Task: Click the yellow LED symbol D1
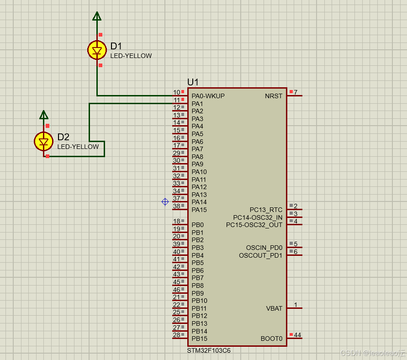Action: click(97, 50)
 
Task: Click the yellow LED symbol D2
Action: click(44, 142)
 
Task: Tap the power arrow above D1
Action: click(97, 17)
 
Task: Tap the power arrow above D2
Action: click(44, 115)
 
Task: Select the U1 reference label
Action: click(193, 82)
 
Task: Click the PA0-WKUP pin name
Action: click(208, 96)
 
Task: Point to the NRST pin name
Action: click(274, 96)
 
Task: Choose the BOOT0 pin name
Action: click(271, 339)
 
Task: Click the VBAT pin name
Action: click(274, 308)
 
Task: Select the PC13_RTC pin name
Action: click(266, 210)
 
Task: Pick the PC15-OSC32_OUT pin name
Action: click(254, 225)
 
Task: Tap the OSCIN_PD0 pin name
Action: click(264, 248)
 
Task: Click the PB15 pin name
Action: click(199, 339)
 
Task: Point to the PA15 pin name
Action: click(199, 210)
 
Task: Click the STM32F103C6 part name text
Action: click(208, 350)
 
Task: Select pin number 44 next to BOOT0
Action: click(297, 335)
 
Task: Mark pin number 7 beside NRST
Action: click(296, 92)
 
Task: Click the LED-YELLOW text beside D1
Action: click(131, 56)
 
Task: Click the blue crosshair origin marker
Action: click(165, 201)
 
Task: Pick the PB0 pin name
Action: click(197, 225)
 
